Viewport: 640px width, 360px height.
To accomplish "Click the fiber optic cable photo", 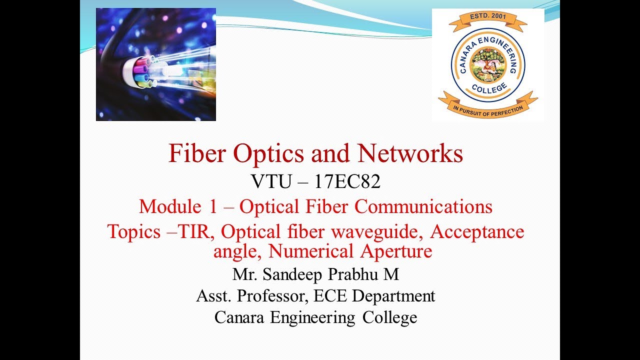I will coord(155,64).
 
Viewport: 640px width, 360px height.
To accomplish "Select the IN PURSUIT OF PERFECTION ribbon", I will coord(487,107).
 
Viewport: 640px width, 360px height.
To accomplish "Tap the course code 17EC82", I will coord(347,182).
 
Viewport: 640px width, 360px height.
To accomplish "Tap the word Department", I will coord(393,295).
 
